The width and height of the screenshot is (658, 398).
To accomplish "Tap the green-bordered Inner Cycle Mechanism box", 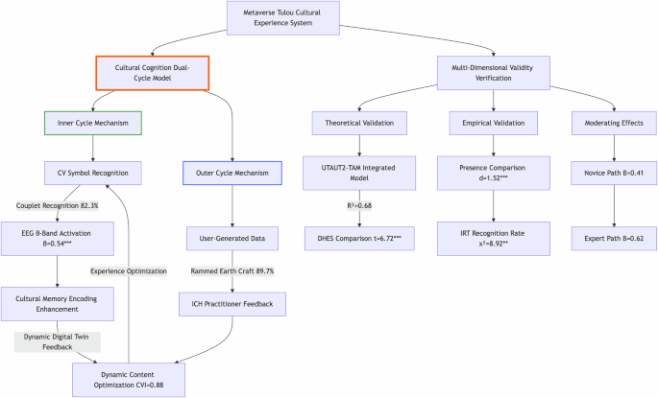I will [x=92, y=123].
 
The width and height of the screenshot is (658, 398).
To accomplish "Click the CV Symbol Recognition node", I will [x=92, y=173].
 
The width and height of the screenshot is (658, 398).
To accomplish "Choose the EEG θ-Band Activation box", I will [x=59, y=237].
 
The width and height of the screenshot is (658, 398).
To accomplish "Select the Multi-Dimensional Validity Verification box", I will [x=493, y=73].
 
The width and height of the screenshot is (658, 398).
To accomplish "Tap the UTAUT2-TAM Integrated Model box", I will [x=358, y=173].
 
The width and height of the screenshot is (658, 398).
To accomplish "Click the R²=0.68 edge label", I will [x=358, y=205].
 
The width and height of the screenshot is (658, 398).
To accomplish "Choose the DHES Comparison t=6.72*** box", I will [x=358, y=237].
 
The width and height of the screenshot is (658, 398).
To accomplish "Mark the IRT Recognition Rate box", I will [x=493, y=237].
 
